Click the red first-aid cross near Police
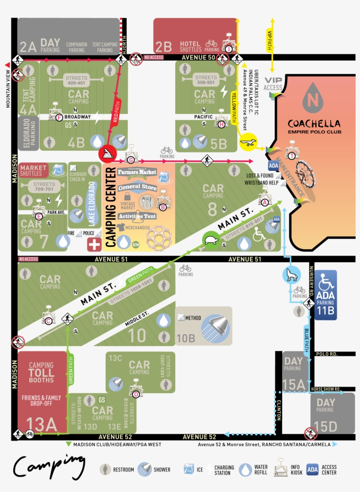pyautogui.click(x=94, y=244)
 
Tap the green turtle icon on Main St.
pyautogui.click(x=210, y=240)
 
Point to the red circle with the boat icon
pyautogui.click(x=108, y=153)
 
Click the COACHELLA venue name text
pyautogui.click(x=313, y=123)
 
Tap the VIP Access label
pyautogui.click(x=273, y=84)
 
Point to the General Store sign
pyautogui.click(x=137, y=187)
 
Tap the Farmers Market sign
pyautogui.click(x=137, y=172)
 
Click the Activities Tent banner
pyautogui.click(x=137, y=217)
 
